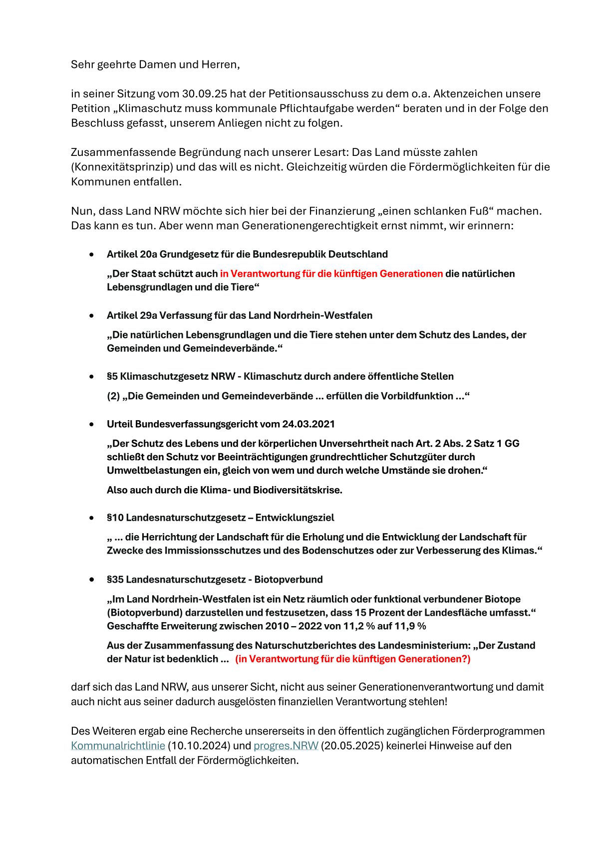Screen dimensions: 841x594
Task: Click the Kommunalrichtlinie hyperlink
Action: pyautogui.click(x=118, y=746)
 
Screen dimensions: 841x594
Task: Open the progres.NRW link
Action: pyautogui.click(x=286, y=746)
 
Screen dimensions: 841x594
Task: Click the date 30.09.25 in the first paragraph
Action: pyautogui.click(x=204, y=94)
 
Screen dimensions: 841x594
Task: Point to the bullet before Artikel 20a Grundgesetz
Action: pyautogui.click(x=91, y=254)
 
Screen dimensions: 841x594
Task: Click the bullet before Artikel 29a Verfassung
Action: pyautogui.click(x=91, y=316)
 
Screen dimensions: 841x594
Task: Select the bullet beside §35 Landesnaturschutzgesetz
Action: pyautogui.click(x=91, y=580)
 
